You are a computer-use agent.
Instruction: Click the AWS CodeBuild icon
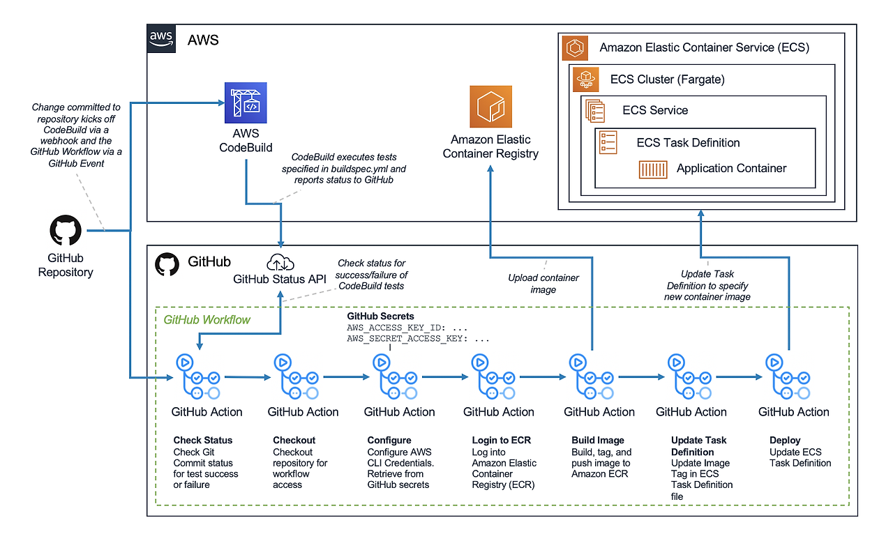coord(246,103)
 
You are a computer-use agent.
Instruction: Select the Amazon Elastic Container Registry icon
coord(490,107)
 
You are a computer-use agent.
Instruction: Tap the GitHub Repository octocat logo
coord(66,231)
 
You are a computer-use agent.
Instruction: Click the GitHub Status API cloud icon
coord(280,264)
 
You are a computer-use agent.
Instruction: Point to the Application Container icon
coord(653,169)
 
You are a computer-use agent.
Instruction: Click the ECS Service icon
coord(595,110)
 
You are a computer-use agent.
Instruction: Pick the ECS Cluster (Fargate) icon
coord(584,79)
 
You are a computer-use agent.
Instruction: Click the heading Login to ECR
coord(501,441)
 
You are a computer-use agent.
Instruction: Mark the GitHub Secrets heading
coord(380,316)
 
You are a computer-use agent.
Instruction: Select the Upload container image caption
coord(543,284)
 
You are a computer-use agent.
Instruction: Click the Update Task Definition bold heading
coord(698,446)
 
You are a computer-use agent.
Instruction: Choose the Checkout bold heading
coord(294,441)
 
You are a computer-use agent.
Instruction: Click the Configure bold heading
coord(389,441)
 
